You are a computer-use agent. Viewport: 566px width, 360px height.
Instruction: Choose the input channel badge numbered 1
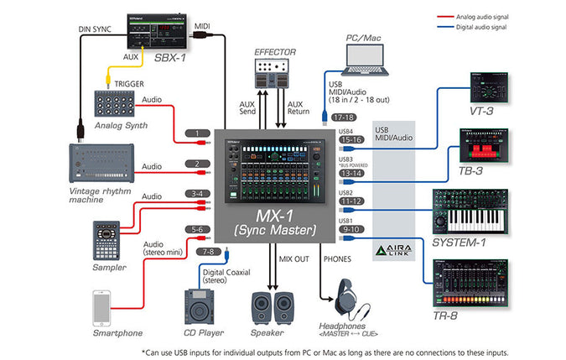coord(197,133)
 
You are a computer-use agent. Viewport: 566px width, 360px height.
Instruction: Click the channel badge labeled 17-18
coord(344,118)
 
